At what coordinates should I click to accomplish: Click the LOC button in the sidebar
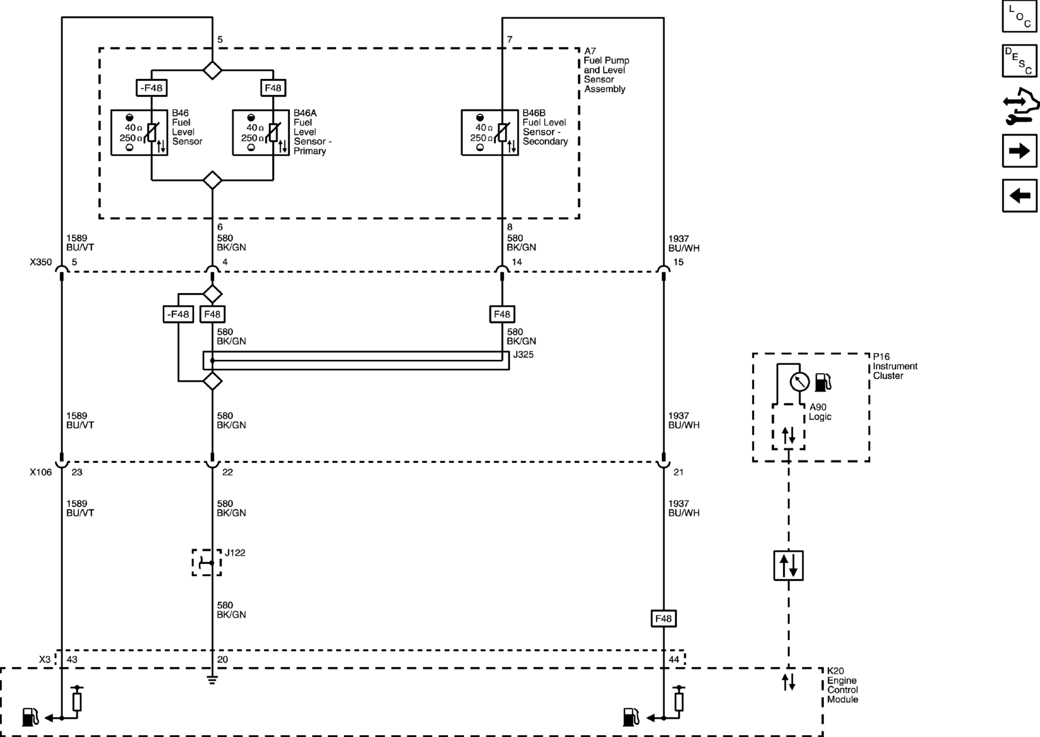pyautogui.click(x=1019, y=16)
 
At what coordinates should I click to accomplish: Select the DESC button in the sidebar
pyautogui.click(x=1019, y=61)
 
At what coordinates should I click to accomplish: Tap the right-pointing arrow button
pyautogui.click(x=1019, y=151)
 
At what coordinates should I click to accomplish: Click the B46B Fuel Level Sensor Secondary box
pyautogui.click(x=490, y=132)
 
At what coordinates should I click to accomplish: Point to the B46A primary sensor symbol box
pyautogui.click(x=261, y=132)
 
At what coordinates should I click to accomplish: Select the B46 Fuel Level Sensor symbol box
pyautogui.click(x=139, y=132)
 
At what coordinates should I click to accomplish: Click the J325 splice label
pyautogui.click(x=523, y=355)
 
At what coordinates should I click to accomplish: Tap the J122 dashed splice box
pyautogui.click(x=207, y=563)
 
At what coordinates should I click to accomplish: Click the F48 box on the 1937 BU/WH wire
pyautogui.click(x=663, y=618)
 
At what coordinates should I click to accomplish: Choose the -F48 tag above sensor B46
pyautogui.click(x=151, y=88)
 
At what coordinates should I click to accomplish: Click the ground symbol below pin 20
pyautogui.click(x=212, y=679)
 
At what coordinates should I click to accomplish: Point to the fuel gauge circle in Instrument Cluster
pyautogui.click(x=799, y=382)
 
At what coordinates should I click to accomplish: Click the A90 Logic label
pyautogui.click(x=820, y=412)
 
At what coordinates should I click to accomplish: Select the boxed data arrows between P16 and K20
pyautogui.click(x=789, y=566)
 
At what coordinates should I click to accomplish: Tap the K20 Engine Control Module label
pyautogui.click(x=842, y=685)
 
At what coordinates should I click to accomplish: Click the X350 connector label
pyautogui.click(x=41, y=262)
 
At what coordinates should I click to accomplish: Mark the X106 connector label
pyautogui.click(x=41, y=472)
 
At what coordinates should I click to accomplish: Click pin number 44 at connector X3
pyautogui.click(x=674, y=659)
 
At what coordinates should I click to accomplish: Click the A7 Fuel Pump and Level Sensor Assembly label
pyautogui.click(x=606, y=70)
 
